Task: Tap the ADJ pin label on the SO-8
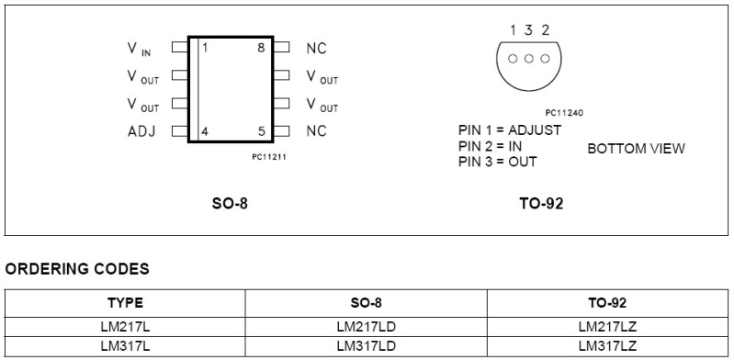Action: (x=141, y=131)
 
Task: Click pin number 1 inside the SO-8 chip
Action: (x=204, y=48)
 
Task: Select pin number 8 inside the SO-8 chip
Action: (x=262, y=48)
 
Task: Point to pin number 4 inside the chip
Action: (x=204, y=131)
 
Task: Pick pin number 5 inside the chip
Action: (x=262, y=131)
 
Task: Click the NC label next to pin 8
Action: (x=316, y=49)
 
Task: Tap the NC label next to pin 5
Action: (x=316, y=131)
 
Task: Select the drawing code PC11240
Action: (x=564, y=113)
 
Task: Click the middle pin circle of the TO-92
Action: (x=529, y=59)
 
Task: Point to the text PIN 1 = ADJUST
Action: (x=509, y=130)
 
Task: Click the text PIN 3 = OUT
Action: (x=497, y=162)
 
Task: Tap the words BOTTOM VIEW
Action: (x=636, y=148)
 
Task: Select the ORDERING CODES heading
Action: (x=77, y=269)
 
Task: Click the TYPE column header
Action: (x=125, y=302)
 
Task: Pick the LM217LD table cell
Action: (x=366, y=325)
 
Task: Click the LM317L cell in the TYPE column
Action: (x=125, y=346)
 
